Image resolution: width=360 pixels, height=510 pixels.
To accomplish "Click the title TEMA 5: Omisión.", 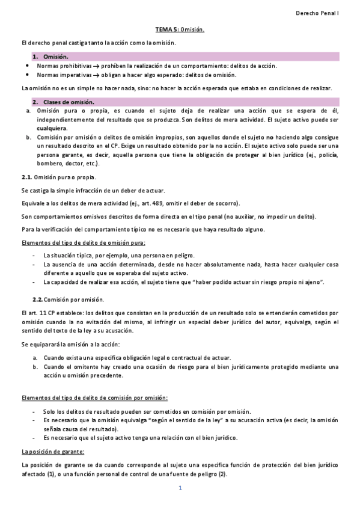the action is coord(180,29).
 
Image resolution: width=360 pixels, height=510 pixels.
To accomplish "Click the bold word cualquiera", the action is coord(52,128).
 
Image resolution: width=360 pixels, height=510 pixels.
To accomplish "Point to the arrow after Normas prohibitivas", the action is coord(96,66).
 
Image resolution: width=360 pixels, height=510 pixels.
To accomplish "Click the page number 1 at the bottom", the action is coord(180,487).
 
